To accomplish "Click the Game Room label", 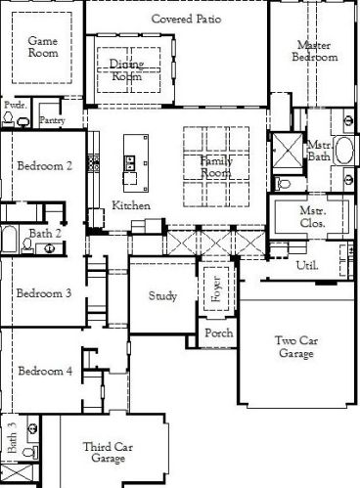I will point(42,47).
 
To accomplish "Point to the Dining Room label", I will point(126,69).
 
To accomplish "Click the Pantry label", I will point(52,120).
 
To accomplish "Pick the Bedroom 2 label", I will point(44,166).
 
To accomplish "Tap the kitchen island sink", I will point(128,164).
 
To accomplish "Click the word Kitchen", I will point(131,205).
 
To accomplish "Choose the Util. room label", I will point(306,265).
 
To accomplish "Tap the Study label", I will point(162,295).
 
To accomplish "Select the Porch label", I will point(217,333).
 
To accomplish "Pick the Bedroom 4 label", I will point(44,371).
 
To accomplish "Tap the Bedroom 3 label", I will point(44,293).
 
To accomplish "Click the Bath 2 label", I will point(45,234).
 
